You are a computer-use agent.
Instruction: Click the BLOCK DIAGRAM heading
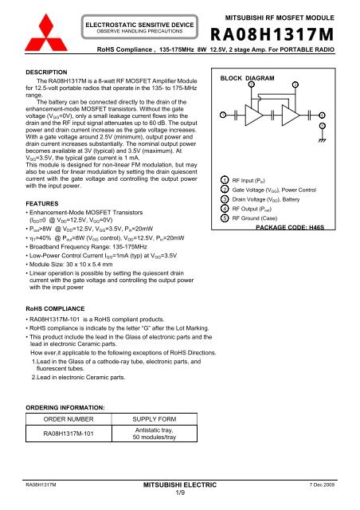tap(244, 80)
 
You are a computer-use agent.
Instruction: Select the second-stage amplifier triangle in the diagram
tap(301, 115)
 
